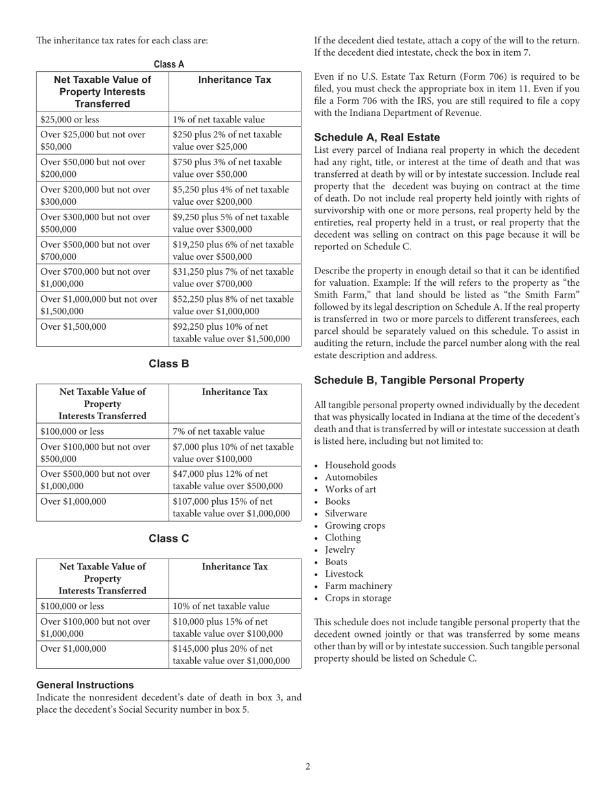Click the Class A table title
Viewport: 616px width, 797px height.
(169, 64)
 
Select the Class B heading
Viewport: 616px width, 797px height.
(169, 364)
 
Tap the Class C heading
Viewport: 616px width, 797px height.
(169, 538)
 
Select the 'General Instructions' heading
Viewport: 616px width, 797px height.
(85, 685)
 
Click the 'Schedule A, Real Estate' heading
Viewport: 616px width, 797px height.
(377, 137)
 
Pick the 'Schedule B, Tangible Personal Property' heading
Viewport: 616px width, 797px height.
(419, 380)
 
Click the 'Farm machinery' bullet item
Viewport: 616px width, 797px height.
(358, 586)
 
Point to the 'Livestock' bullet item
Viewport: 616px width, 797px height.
(344, 573)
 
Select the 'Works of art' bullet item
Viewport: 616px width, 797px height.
(350, 489)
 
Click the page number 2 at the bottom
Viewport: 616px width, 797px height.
(308, 767)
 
